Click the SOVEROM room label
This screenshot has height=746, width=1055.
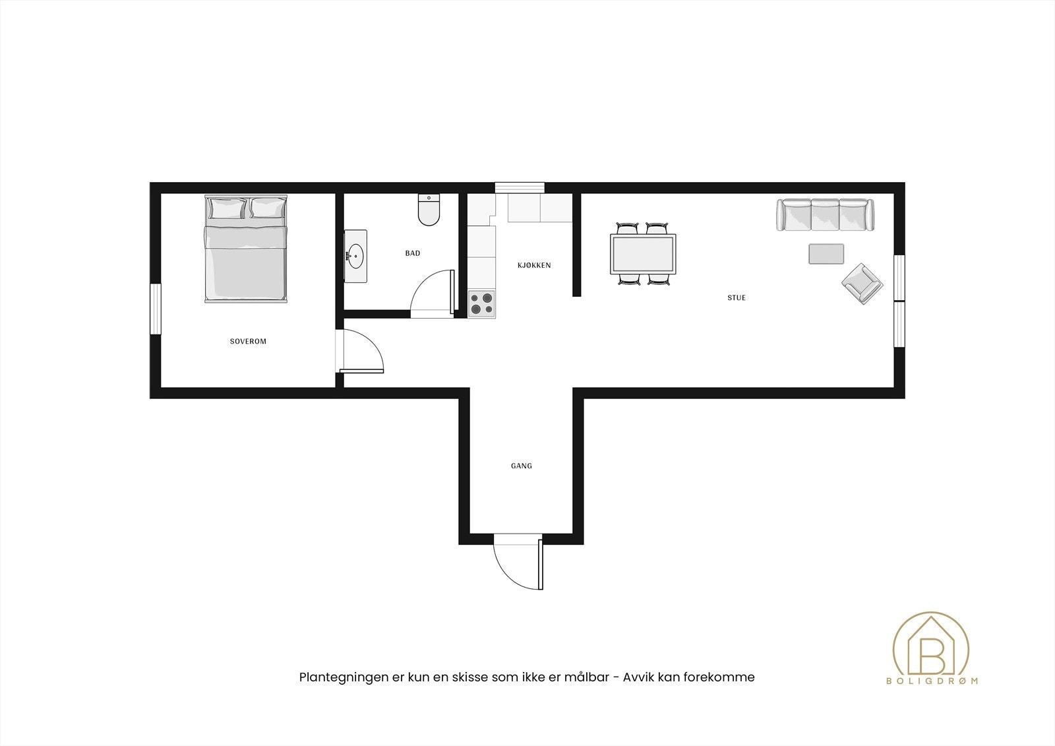(248, 342)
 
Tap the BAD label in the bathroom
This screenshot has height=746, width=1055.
(413, 253)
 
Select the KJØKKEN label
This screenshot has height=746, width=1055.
(533, 266)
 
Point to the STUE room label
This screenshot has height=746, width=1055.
(737, 298)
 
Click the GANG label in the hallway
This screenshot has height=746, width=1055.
(521, 466)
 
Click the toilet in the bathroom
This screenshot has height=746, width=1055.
(429, 210)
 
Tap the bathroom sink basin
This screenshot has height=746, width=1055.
(356, 256)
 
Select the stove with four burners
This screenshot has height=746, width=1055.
(481, 304)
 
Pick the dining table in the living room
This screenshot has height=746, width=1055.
(644, 255)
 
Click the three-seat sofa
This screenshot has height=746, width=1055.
(826, 215)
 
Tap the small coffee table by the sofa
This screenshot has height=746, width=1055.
(826, 254)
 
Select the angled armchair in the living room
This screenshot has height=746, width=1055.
(861, 284)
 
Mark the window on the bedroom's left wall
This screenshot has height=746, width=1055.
(156, 309)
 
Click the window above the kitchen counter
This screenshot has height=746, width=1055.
(520, 188)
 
